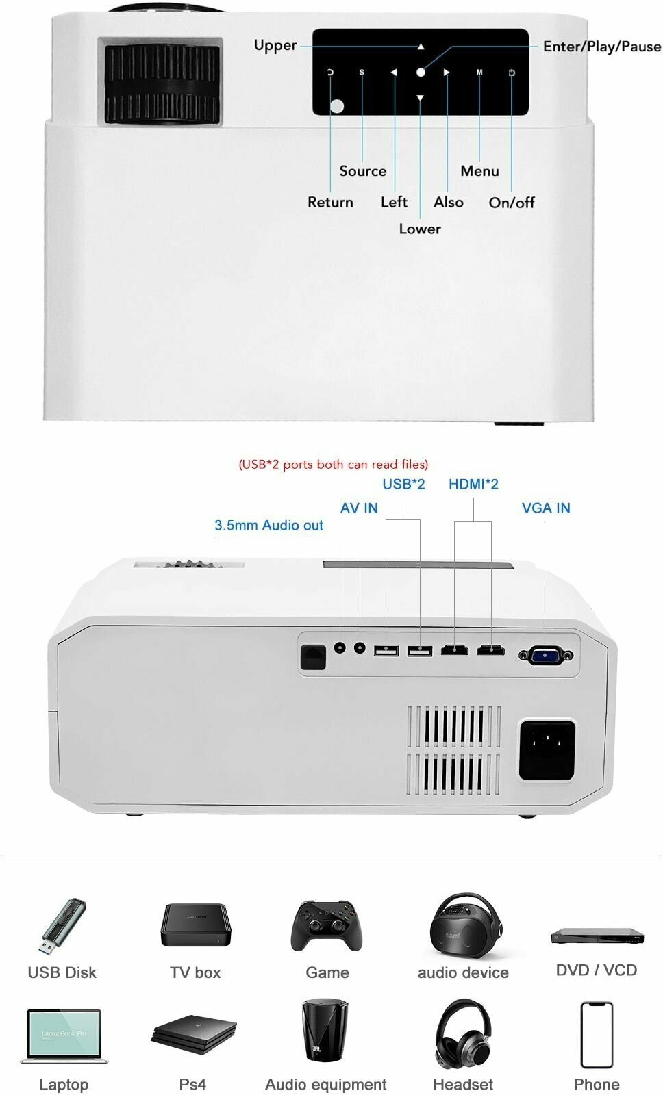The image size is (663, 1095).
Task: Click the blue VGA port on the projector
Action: (545, 656)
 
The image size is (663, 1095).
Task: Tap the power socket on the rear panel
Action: (546, 749)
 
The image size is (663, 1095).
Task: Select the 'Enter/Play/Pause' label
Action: (601, 47)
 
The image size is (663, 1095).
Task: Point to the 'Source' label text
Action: (362, 171)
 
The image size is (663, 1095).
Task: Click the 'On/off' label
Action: (511, 203)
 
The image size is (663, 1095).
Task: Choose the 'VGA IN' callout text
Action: (545, 508)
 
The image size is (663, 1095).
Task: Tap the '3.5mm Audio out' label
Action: (268, 526)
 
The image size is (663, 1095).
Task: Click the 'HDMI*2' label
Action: (473, 485)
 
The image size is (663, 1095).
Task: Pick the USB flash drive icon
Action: (62, 927)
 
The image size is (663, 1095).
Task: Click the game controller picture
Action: (327, 925)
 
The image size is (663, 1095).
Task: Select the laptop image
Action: (64, 1036)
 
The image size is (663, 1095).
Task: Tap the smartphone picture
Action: (597, 1035)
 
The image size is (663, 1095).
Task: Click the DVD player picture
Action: (597, 936)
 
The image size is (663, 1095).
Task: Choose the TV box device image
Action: (195, 925)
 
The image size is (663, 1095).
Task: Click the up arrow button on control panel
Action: (421, 47)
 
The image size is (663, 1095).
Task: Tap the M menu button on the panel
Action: (479, 73)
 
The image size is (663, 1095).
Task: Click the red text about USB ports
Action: (333, 465)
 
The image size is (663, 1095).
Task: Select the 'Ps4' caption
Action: (192, 1085)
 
